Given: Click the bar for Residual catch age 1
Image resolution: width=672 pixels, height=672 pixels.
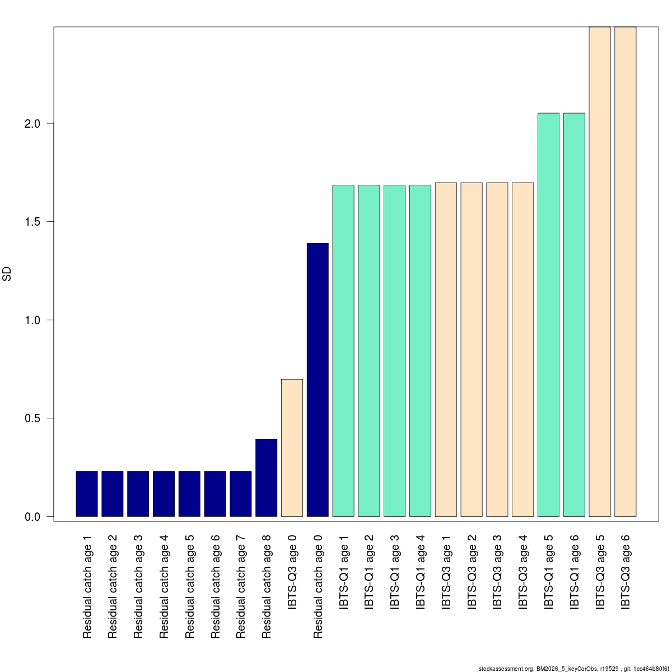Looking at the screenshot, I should (x=87, y=493).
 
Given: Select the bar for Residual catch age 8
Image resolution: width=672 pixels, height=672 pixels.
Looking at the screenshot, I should (x=266, y=478).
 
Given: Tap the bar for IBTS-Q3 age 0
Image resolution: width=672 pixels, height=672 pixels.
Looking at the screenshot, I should (x=292, y=447).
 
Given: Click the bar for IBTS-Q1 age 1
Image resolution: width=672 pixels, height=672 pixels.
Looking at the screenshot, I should (x=343, y=351).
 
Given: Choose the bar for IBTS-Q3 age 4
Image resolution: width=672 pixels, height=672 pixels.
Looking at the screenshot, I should (x=522, y=349).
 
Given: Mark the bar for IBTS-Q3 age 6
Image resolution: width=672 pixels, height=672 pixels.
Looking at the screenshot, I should (x=625, y=272).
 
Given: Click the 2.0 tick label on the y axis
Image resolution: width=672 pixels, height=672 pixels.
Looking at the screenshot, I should (x=32, y=123).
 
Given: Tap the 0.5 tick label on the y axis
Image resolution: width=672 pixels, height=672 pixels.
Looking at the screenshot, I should (x=32, y=418).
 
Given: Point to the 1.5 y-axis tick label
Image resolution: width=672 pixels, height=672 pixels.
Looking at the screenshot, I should (x=32, y=222).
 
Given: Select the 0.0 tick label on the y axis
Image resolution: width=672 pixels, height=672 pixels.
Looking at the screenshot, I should (x=32, y=517).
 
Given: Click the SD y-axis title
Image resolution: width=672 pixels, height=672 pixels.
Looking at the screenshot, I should (x=7, y=274).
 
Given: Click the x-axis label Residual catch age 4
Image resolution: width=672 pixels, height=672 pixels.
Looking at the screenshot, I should (x=164, y=586).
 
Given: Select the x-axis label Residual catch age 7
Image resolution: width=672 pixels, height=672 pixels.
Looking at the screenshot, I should (x=241, y=586).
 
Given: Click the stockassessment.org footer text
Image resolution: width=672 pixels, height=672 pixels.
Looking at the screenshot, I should (x=573, y=668).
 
